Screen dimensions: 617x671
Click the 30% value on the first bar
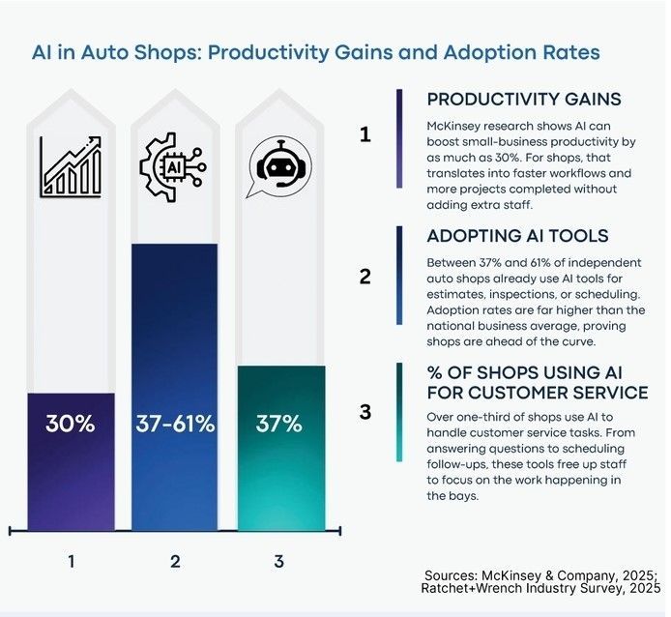[x=70, y=424]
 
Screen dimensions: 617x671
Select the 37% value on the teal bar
[x=278, y=424]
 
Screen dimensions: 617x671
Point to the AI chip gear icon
[x=174, y=165]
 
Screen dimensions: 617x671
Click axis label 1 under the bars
[x=70, y=559]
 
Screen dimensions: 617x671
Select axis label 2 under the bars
[x=175, y=559]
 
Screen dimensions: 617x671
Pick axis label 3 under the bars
[x=278, y=559]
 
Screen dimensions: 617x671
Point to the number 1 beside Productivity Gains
[x=365, y=135]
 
